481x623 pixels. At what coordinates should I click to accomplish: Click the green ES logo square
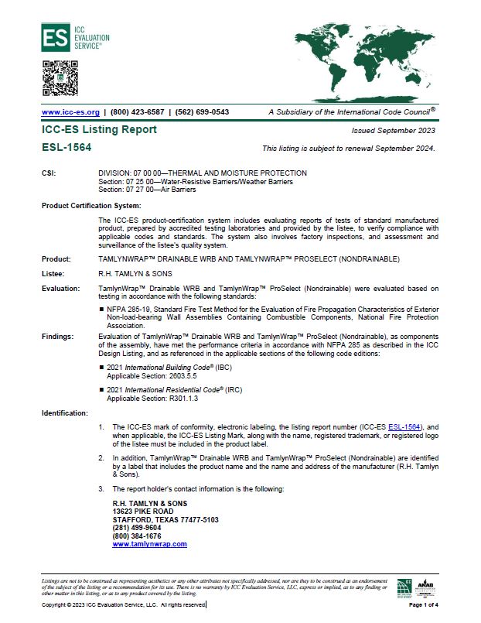click(55, 36)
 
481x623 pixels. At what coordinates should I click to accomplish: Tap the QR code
click(60, 77)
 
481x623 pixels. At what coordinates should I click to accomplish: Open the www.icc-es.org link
click(70, 111)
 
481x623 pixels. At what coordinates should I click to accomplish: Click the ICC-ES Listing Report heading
click(99, 130)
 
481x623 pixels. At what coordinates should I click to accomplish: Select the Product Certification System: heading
click(91, 205)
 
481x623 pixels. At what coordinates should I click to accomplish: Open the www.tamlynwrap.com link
click(150, 544)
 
